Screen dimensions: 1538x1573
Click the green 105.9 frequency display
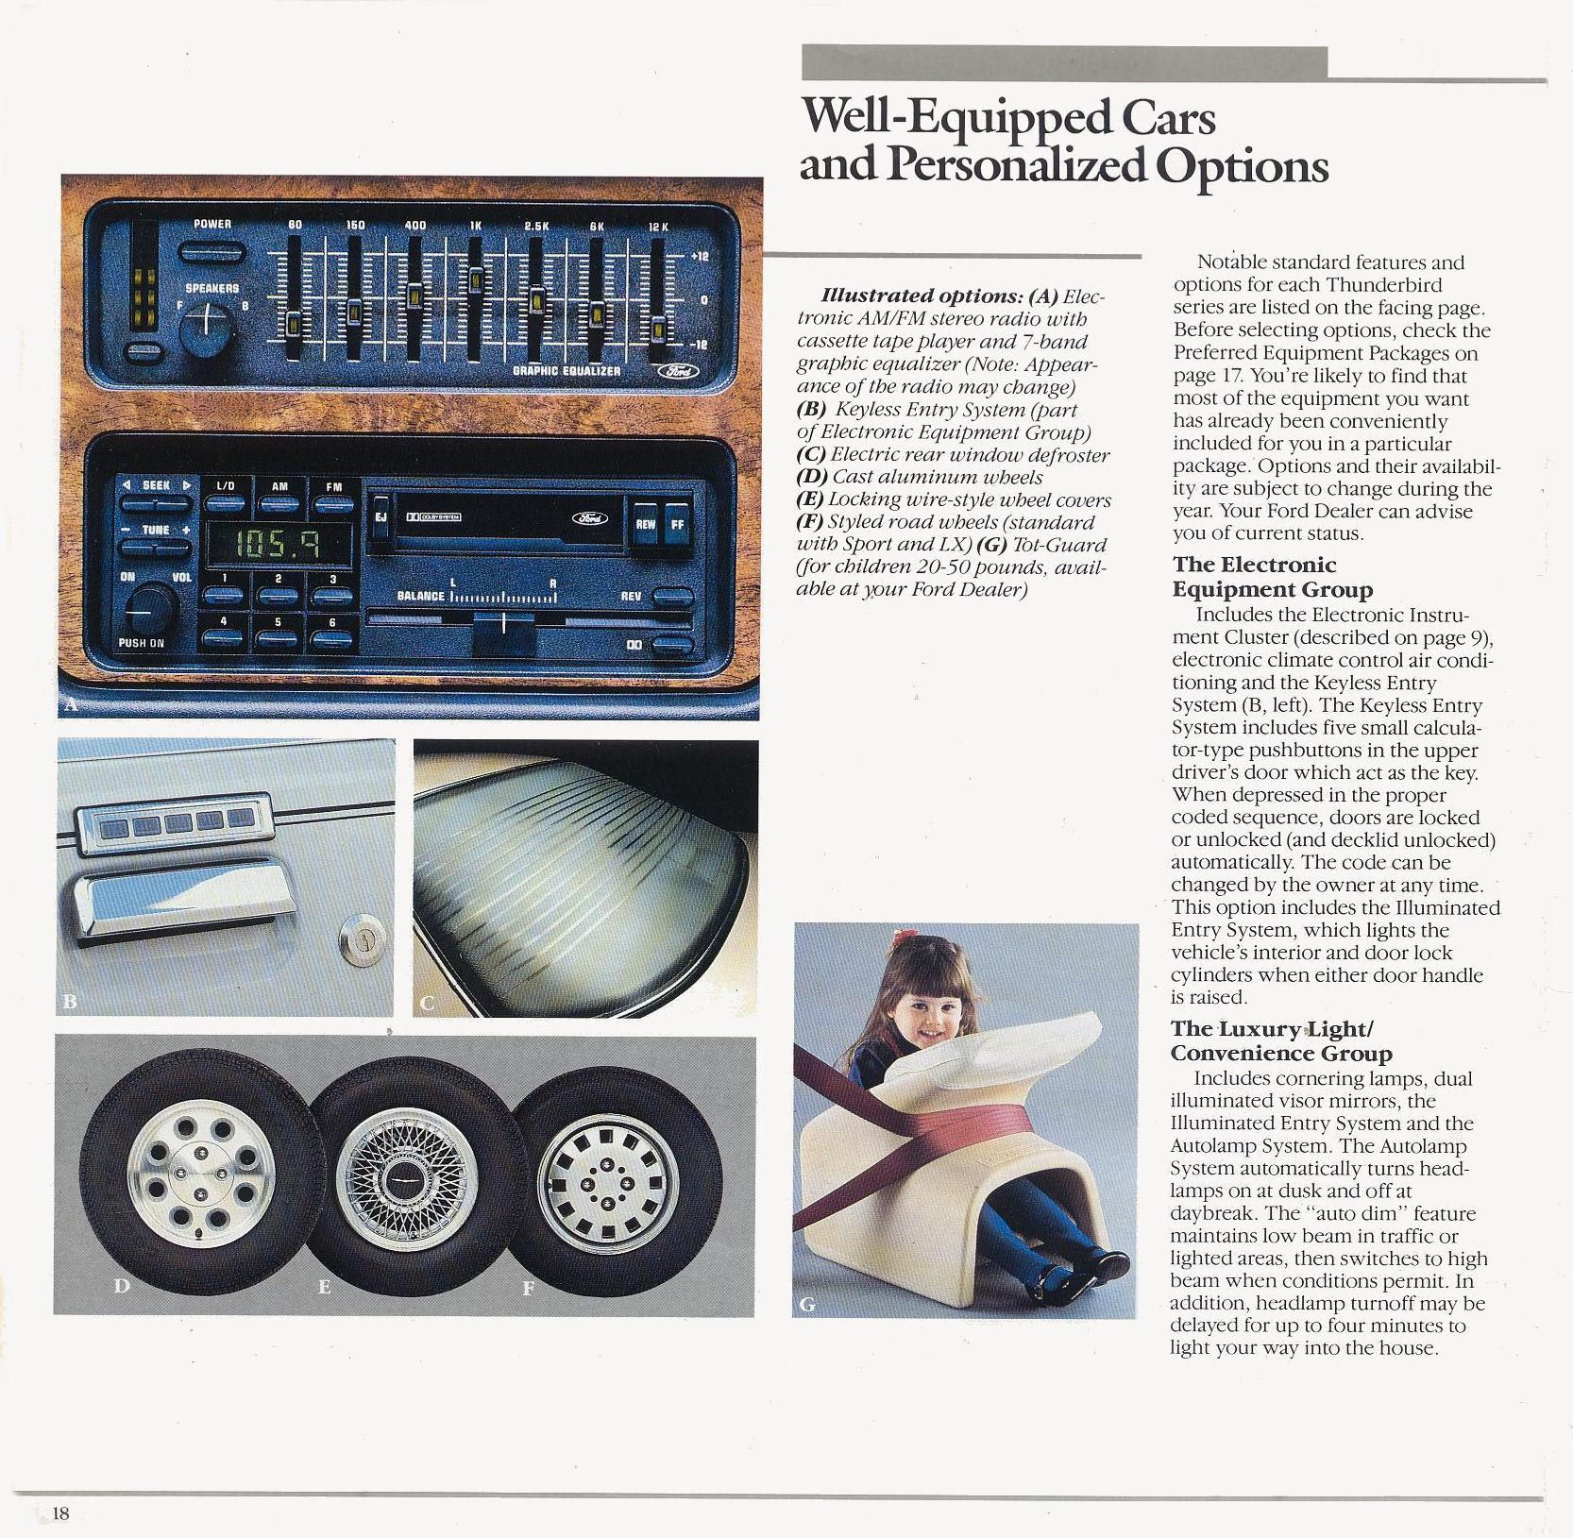coord(279,542)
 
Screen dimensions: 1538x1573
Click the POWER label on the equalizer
coord(212,225)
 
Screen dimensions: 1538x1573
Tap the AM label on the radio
coord(279,486)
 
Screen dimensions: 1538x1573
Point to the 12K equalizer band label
coord(658,227)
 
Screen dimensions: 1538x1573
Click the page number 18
coord(60,1513)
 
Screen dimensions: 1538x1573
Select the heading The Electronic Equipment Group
coord(1273,577)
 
